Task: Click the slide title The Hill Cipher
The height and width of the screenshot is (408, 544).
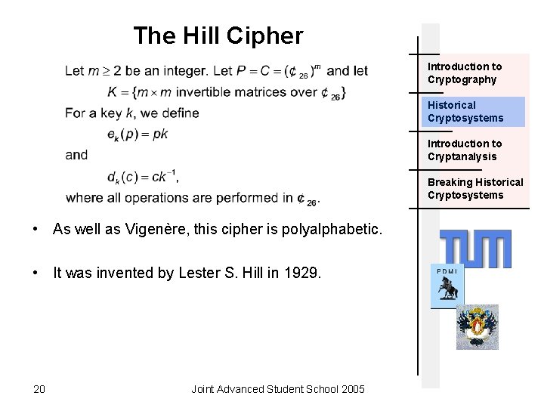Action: [218, 36]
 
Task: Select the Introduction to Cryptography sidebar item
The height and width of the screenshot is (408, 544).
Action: [464, 73]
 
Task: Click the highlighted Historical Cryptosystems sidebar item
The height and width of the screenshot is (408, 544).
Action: [465, 111]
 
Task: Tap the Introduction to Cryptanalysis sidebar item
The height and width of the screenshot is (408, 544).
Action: [464, 150]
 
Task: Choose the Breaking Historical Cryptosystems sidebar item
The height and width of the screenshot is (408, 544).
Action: [475, 188]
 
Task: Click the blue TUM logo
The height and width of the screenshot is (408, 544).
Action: [475, 249]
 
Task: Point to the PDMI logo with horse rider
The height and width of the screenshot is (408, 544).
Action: [447, 287]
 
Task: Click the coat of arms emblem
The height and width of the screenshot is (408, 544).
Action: [477, 326]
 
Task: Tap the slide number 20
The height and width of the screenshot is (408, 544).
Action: [39, 389]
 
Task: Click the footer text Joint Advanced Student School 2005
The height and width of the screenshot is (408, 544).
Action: [278, 389]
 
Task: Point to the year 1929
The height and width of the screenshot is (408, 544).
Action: [305, 273]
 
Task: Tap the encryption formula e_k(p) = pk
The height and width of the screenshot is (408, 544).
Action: [138, 134]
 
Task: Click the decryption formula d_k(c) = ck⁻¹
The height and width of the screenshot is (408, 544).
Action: [142, 177]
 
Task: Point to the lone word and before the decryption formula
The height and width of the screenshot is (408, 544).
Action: [76, 155]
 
